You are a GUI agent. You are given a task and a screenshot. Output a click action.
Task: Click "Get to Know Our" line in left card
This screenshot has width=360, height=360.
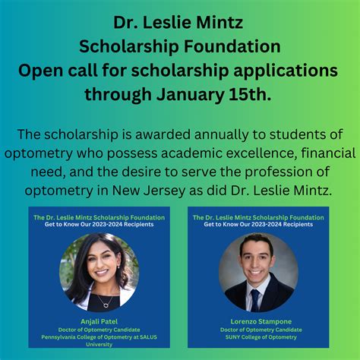pyautogui.click(x=99, y=225)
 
